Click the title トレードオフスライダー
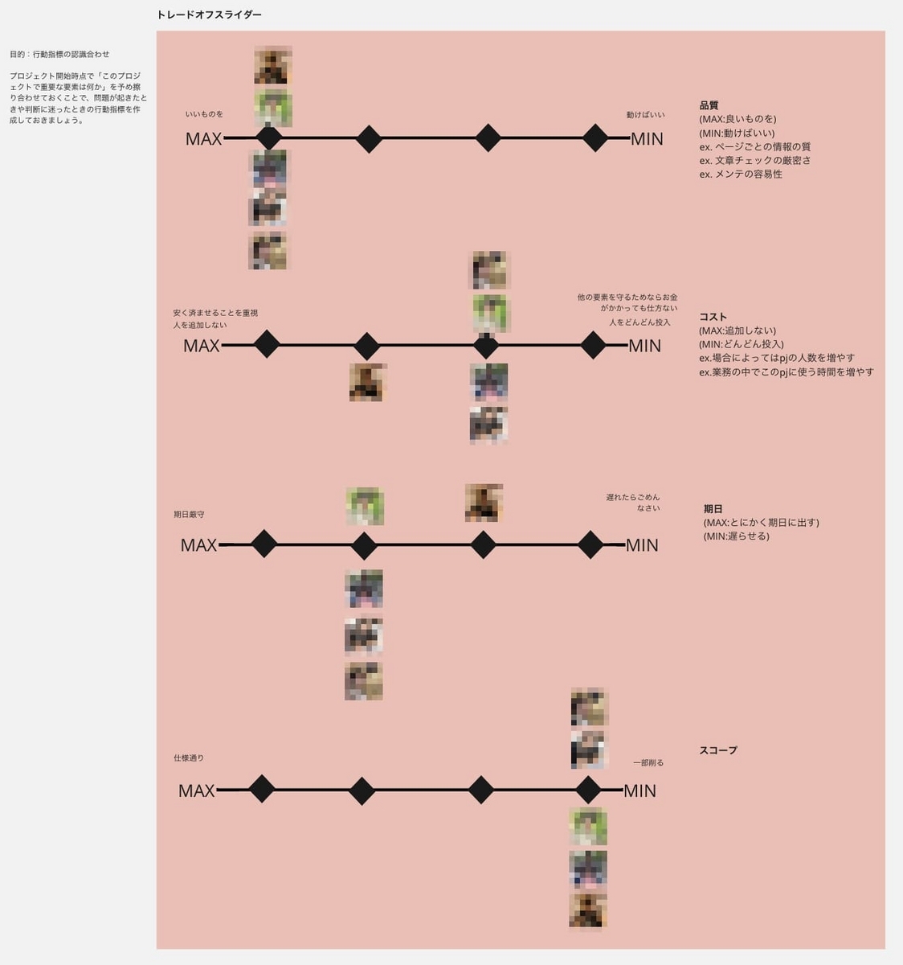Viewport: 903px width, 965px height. pyautogui.click(x=209, y=15)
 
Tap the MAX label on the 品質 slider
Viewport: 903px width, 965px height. pyautogui.click(x=203, y=139)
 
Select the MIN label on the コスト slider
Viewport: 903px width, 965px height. pyautogui.click(x=644, y=346)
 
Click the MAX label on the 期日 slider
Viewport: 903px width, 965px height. pyautogui.click(x=198, y=545)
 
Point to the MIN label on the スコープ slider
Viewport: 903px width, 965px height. pyautogui.click(x=639, y=790)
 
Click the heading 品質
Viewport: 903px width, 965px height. pyautogui.click(x=709, y=105)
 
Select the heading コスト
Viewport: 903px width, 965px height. pyautogui.click(x=713, y=317)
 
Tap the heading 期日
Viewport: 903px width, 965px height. pyautogui.click(x=713, y=509)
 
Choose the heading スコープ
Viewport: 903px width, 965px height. pyautogui.click(x=717, y=750)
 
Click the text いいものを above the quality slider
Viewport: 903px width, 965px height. pyautogui.click(x=204, y=114)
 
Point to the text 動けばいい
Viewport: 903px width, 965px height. pyautogui.click(x=645, y=115)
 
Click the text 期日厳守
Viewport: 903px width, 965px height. pyautogui.click(x=189, y=514)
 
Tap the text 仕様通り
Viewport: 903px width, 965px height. pyautogui.click(x=189, y=758)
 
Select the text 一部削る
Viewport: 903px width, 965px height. pyautogui.click(x=648, y=762)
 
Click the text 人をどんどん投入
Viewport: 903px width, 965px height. pyautogui.click(x=639, y=322)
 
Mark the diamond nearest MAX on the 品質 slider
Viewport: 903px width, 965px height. pyautogui.click(x=268, y=138)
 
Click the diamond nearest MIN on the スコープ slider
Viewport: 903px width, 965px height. pyautogui.click(x=588, y=790)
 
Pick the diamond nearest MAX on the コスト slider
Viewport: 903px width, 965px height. pyautogui.click(x=267, y=345)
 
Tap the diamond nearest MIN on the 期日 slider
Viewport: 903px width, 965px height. pyautogui.click(x=590, y=544)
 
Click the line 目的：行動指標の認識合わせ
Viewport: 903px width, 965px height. pyautogui.click(x=59, y=55)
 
